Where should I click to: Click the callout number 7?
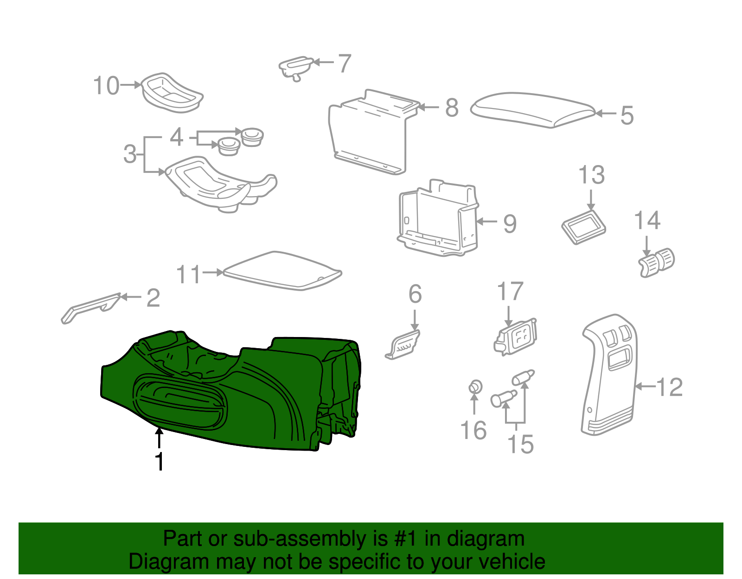coord(345,64)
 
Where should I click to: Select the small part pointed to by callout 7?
coord(296,68)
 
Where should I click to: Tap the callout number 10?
coord(106,85)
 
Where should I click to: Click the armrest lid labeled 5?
coord(532,109)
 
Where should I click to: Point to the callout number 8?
coord(452,108)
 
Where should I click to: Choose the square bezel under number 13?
coord(583,227)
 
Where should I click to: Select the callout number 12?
coord(669,387)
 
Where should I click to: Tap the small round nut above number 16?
coord(475,387)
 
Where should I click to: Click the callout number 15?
coord(520,444)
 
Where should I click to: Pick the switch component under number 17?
coord(515,337)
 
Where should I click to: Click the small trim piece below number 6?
coord(403,344)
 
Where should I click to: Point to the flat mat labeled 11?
coord(282,271)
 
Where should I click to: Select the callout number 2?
coord(153,298)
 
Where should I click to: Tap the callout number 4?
coord(176,137)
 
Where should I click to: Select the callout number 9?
coord(510,224)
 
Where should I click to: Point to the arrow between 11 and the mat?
coord(213,272)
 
